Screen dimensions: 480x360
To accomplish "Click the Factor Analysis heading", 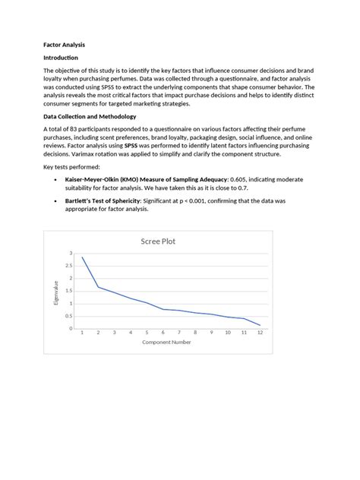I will (66, 43).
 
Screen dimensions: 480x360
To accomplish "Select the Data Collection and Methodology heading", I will (90, 116).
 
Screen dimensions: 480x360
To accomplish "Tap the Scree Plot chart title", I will (159, 241).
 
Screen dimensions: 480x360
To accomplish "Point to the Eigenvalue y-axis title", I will (56, 291).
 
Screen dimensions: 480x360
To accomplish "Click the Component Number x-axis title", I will (166, 342).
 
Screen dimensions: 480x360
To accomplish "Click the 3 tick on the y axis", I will (71, 252).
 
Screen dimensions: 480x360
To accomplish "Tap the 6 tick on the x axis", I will (163, 333).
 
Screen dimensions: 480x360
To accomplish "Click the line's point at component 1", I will (82, 257).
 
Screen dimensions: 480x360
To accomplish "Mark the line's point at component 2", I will (98, 286).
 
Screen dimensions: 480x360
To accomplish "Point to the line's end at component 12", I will (260, 325).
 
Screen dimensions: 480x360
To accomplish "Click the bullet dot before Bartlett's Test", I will (56, 200).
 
